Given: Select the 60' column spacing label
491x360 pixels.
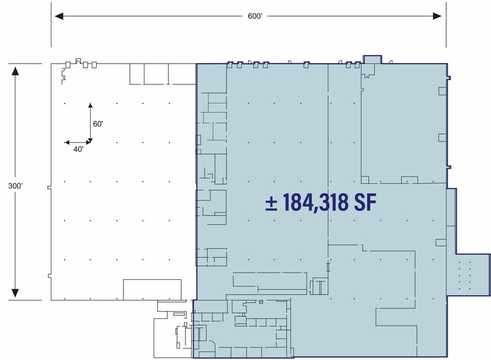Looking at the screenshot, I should point(97,124).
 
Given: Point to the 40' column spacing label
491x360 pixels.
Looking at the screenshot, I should point(78,149).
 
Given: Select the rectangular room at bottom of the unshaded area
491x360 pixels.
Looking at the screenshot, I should point(152,289).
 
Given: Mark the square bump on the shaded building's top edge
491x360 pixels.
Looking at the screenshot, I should point(372,59).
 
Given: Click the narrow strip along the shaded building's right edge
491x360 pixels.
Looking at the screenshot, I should point(451,220).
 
